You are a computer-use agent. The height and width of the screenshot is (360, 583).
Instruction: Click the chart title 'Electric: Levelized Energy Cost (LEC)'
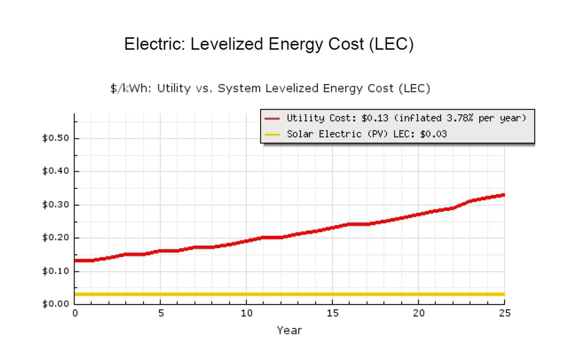coord(269,44)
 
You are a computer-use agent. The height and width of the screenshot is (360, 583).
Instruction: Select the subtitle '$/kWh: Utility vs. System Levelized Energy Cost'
coord(270,88)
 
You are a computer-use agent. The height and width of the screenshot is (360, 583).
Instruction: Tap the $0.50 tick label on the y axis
coord(56,138)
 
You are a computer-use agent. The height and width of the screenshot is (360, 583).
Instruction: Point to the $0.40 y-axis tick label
coord(56,171)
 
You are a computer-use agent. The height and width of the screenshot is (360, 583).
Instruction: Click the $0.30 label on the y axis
coord(56,204)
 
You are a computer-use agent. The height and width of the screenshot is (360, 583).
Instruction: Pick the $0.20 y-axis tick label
coord(56,237)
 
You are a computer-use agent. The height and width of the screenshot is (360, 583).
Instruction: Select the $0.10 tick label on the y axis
coord(56,271)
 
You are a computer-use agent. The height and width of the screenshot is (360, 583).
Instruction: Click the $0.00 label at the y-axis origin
coord(56,304)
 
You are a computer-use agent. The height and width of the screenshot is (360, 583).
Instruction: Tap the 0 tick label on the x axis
coord(75,313)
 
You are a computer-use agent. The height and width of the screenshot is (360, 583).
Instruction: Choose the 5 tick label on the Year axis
coord(161,313)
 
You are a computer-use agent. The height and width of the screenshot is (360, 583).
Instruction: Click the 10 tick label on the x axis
coord(247,313)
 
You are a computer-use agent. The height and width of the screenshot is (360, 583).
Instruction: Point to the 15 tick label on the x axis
coord(333,313)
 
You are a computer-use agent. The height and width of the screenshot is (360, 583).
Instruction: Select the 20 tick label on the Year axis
coord(419,313)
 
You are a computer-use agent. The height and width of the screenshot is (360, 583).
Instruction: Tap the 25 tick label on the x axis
coord(505,313)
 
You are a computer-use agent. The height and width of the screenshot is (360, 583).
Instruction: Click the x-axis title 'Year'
coord(289,331)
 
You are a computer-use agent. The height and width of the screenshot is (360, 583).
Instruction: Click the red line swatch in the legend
coord(272,119)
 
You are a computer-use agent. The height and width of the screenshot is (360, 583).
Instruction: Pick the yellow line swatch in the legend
coord(272,135)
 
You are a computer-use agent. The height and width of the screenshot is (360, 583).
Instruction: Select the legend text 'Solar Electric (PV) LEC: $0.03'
coord(366,134)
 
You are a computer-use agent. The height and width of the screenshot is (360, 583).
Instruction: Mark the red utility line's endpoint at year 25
coord(504,195)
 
